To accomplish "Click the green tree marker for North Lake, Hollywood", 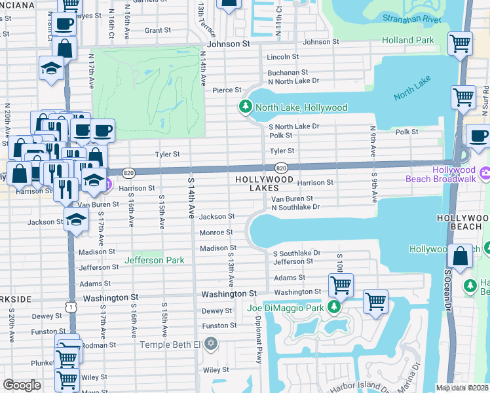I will click(246, 107).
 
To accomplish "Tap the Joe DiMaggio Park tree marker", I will click(334, 307).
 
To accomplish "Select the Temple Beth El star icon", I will click(210, 344).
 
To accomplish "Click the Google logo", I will click(22, 385).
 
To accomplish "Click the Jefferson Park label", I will click(155, 261).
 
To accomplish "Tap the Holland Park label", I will click(407, 41).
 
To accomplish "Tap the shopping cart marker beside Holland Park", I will click(460, 45).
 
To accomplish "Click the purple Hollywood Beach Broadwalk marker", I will click(485, 174).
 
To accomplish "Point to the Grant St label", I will click(157, 30).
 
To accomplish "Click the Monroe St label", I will click(216, 233).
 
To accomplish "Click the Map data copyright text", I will click(462, 388).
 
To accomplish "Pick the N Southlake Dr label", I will click(295, 207).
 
